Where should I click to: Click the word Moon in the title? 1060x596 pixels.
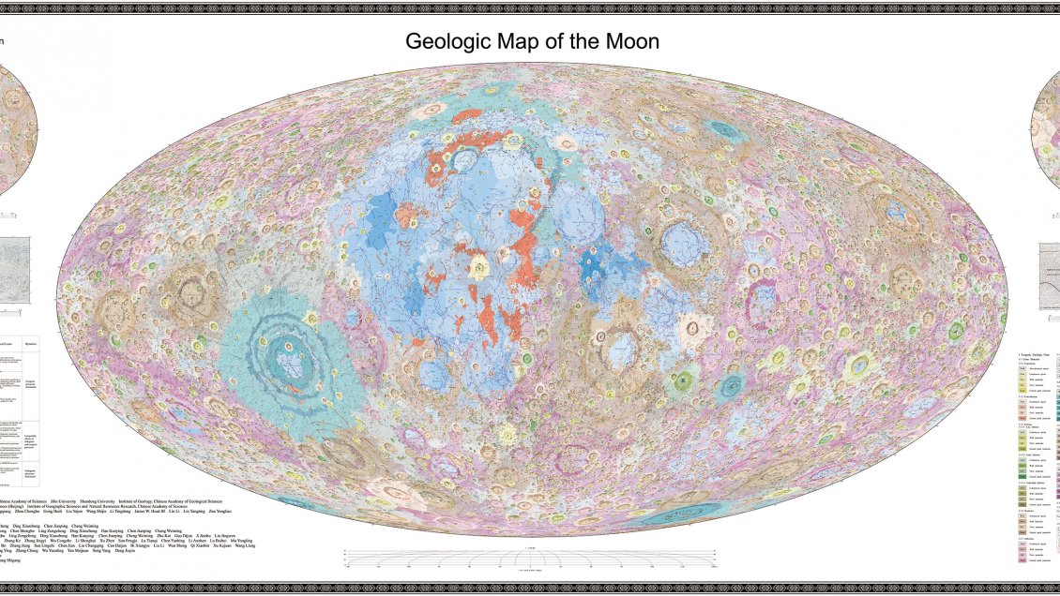tap(634, 42)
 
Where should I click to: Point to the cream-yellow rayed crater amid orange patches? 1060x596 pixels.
tap(480, 270)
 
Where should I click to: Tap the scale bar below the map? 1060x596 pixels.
tap(530, 559)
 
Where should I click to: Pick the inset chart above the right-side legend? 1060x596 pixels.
tap(1049, 276)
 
